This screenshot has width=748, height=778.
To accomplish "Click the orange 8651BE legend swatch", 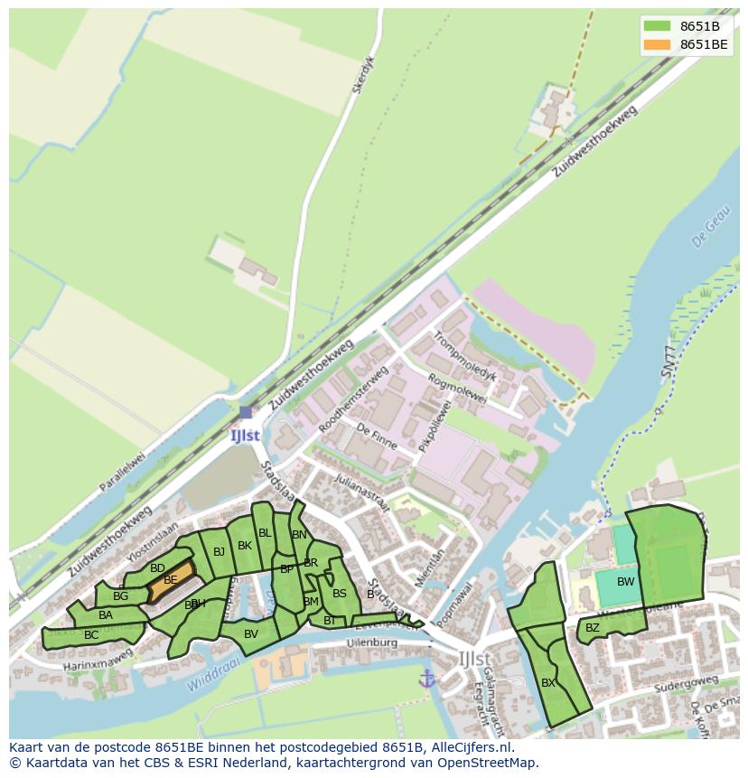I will [x=658, y=44].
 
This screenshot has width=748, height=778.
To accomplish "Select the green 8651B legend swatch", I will [x=658, y=26].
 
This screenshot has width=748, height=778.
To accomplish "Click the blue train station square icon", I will [x=246, y=412].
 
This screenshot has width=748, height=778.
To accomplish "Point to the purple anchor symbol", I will [x=427, y=678].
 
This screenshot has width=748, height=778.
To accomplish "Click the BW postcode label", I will [x=625, y=582].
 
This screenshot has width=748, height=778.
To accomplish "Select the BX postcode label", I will [x=548, y=683].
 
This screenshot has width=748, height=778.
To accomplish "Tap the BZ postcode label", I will [x=593, y=628].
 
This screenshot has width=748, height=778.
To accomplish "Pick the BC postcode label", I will [x=91, y=635].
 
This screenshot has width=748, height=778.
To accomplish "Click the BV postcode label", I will [x=251, y=634].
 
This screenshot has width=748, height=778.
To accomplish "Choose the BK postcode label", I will [x=245, y=546].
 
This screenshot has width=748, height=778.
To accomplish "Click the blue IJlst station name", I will [x=245, y=435].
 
